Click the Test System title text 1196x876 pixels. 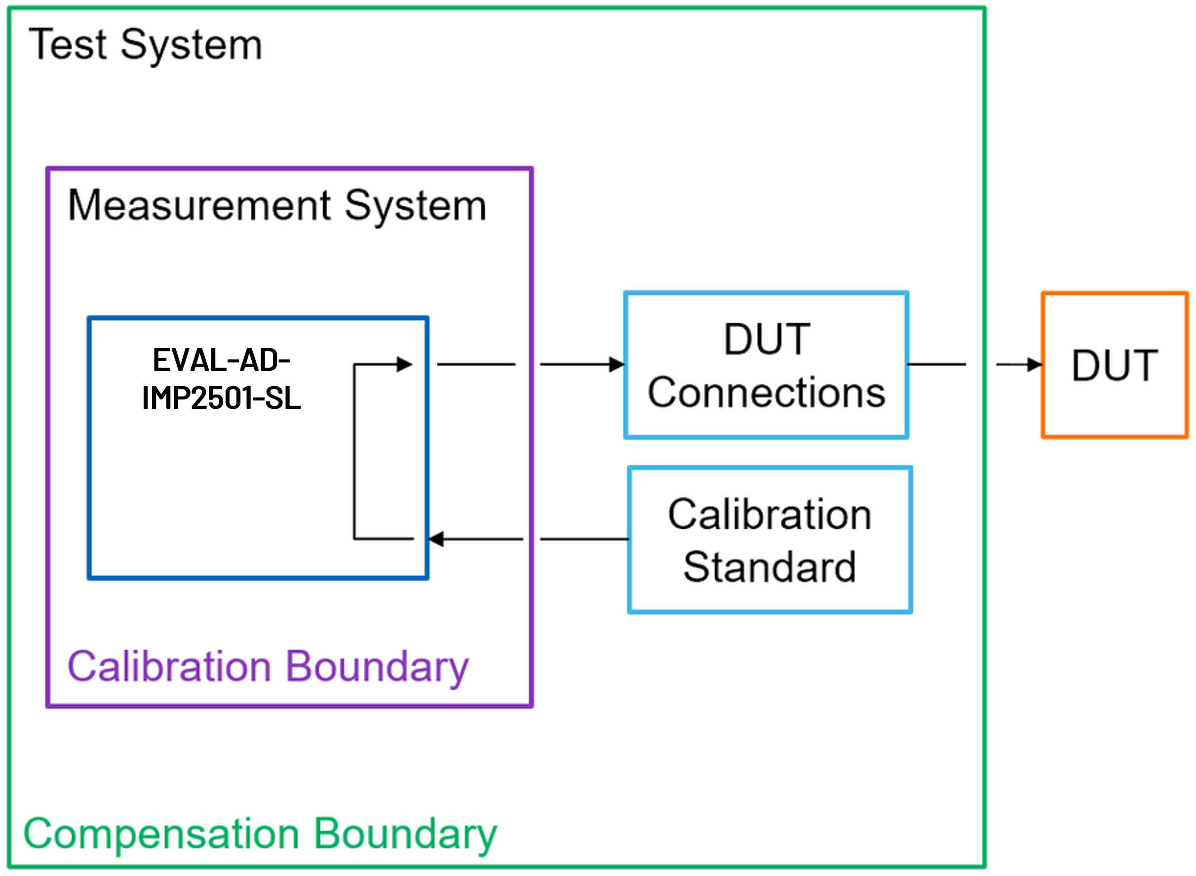pos(145,45)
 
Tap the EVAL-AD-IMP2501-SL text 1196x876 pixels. pos(222,379)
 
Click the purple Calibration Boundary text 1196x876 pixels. pos(268,667)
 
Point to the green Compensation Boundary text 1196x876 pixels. pos(260,834)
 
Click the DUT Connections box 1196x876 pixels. pos(766,365)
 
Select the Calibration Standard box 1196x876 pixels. pos(770,540)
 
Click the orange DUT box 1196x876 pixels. pos(1115,365)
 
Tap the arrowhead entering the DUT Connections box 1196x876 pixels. pos(617,364)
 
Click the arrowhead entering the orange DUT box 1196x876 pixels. pos(1035,364)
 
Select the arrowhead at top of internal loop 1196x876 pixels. pos(404,364)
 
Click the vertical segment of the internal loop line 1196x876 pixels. pos(354,451)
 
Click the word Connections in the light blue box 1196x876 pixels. pos(766,393)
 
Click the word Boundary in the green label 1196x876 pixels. pos(405,834)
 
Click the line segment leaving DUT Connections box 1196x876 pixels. pos(937,364)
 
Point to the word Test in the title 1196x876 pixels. pos(68,45)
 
